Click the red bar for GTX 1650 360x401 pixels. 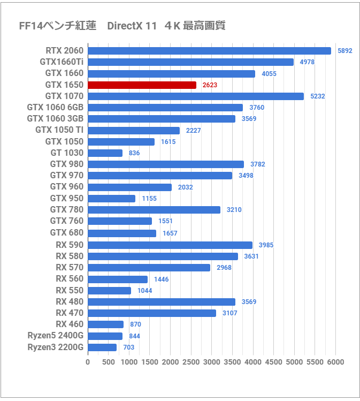click(x=142, y=85)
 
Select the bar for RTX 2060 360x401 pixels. click(x=209, y=50)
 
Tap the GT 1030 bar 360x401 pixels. click(x=105, y=153)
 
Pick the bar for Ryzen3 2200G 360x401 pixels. click(x=102, y=347)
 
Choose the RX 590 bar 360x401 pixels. click(x=170, y=245)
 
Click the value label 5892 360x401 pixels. click(x=345, y=51)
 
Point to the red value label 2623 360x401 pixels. click(x=210, y=85)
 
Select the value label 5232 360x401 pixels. click(x=317, y=96)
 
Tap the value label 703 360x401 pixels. click(x=129, y=347)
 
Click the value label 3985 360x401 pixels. click(x=266, y=245)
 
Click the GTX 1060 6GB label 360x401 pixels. click(x=55, y=108)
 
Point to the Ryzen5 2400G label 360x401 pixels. click(x=56, y=336)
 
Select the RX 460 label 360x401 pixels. click(x=70, y=324)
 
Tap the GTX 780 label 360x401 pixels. click(x=67, y=210)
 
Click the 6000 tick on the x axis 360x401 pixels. click(x=335, y=362)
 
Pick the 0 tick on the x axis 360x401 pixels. click(x=88, y=362)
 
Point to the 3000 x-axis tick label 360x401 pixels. click(x=212, y=362)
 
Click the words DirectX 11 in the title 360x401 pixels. click(x=132, y=26)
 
